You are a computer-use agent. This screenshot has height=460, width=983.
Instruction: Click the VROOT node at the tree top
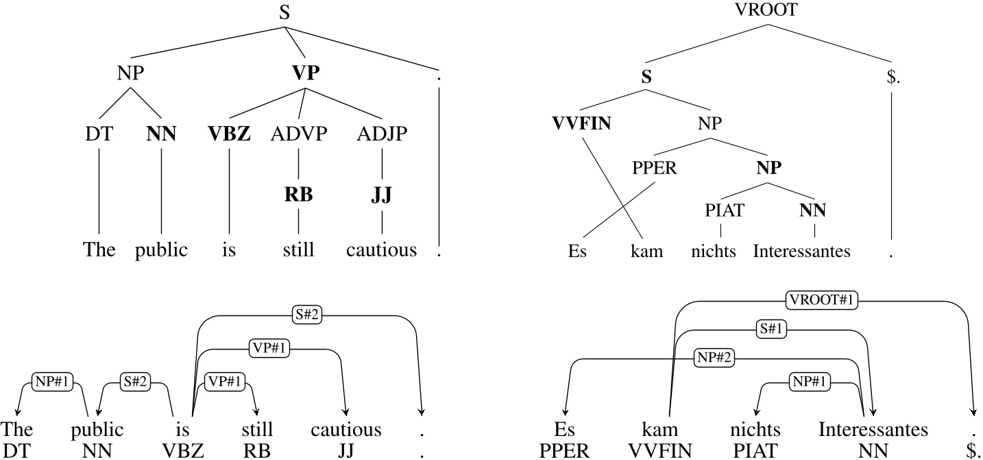(766, 10)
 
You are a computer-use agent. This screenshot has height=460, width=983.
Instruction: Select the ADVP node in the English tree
(298, 133)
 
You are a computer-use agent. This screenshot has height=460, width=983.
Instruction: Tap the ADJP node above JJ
(382, 133)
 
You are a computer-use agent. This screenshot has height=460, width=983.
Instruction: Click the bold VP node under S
(306, 73)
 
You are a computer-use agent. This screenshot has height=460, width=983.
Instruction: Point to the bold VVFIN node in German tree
(582, 124)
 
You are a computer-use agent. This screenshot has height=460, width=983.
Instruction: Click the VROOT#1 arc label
(822, 300)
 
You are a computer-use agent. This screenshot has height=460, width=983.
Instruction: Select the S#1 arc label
(770, 329)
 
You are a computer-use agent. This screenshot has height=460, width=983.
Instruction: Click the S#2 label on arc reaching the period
(306, 315)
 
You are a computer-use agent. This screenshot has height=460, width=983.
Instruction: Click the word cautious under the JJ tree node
(382, 250)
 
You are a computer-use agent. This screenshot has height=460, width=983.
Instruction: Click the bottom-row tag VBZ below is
(181, 450)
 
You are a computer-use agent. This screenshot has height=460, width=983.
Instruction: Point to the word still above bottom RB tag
(257, 430)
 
